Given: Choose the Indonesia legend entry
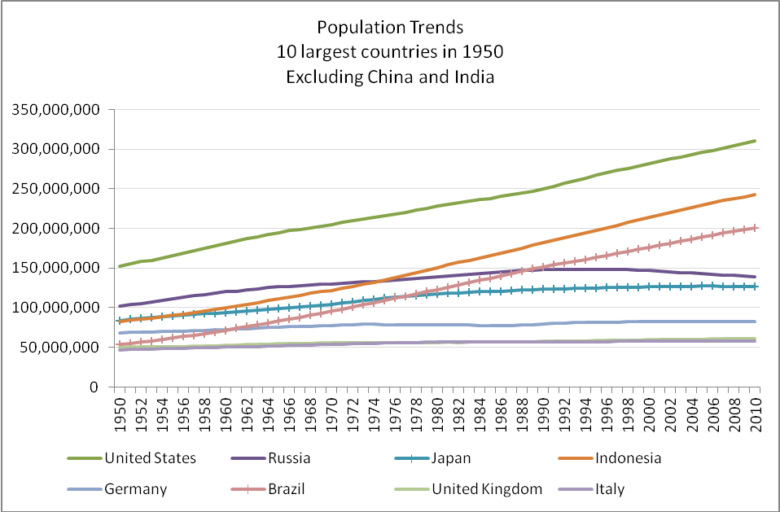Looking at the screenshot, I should (x=627, y=458).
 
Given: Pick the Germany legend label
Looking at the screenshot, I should (x=136, y=489).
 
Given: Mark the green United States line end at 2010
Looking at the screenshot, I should (x=756, y=141).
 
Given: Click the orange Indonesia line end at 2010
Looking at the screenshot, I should (x=756, y=195).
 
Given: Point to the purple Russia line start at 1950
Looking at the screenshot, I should (x=120, y=306).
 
